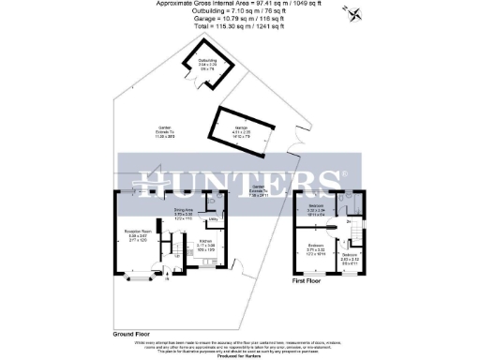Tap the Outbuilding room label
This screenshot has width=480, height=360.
pyautogui.click(x=208, y=66)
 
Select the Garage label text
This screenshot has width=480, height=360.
pyautogui.click(x=241, y=132)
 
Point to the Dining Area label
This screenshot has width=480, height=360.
pyautogui.click(x=183, y=213)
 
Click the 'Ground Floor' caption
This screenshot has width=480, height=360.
pyautogui.click(x=132, y=333)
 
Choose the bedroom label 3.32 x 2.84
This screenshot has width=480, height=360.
pyautogui.click(x=316, y=208)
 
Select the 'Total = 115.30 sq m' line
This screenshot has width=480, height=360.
pyautogui.click(x=239, y=29)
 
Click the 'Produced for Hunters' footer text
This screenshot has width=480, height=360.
pyautogui.click(x=239, y=356)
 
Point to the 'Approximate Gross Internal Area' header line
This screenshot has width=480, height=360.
pyautogui.click(x=239, y=4)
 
